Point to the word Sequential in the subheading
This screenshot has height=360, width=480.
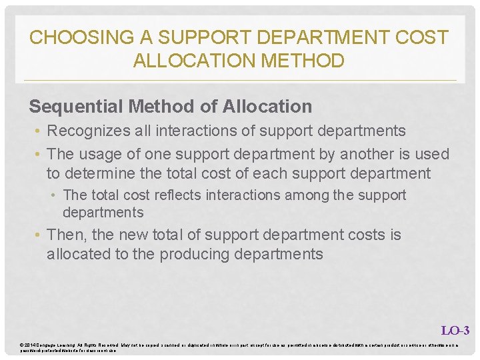click(x=72, y=107)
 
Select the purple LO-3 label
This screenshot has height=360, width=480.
click(x=455, y=330)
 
